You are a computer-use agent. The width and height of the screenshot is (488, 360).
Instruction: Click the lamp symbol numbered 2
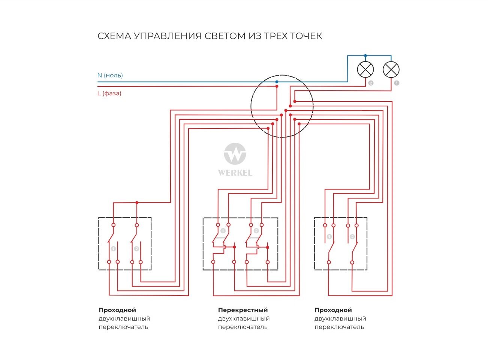pyautogui.click(x=365, y=69)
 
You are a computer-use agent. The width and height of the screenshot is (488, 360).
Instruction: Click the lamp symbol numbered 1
pyautogui.click(x=391, y=69)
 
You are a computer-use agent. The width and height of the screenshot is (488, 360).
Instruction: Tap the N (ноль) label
pyautogui.click(x=110, y=75)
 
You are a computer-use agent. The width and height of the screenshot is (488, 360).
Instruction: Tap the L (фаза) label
pyautogui.click(x=109, y=93)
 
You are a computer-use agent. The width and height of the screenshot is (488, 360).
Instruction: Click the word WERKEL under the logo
pyautogui.click(x=235, y=173)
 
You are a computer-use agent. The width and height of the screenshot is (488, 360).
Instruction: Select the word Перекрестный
pyautogui.click(x=243, y=310)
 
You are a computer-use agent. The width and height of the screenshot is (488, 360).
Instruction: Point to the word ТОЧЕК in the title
pyautogui.click(x=306, y=36)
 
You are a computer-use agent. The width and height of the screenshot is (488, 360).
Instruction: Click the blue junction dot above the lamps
pyautogui.click(x=365, y=56)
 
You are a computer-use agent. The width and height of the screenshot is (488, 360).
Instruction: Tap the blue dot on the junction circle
pyautogui.click(x=277, y=82)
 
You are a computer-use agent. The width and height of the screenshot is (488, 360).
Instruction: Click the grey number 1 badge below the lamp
pyautogui.click(x=397, y=83)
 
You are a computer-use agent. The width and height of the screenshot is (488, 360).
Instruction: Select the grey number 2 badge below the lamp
pyautogui.click(x=371, y=83)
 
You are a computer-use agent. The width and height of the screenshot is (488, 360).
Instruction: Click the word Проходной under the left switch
pyautogui.click(x=117, y=310)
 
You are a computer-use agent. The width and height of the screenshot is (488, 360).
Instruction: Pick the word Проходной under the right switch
pyautogui.click(x=333, y=310)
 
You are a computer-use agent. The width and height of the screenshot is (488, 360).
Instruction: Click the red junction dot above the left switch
pyautogui.click(x=137, y=203)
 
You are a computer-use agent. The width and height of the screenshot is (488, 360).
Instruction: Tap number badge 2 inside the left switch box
pyautogui.click(x=136, y=249)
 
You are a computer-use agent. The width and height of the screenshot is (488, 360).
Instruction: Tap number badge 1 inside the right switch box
pyautogui.click(x=329, y=237)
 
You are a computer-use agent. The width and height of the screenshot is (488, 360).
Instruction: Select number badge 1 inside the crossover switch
pyautogui.click(x=223, y=231)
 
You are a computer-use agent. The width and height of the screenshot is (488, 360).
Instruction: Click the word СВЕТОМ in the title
pyautogui.click(x=224, y=36)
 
